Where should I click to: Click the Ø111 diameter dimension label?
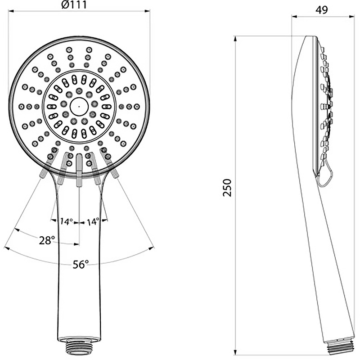click(74, 4)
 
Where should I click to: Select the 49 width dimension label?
click(322, 10)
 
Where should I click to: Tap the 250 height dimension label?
click(227, 188)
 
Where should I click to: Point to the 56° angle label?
click(81, 264)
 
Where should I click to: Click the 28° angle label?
click(47, 240)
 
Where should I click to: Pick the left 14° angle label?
click(67, 221)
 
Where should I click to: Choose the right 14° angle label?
click(93, 221)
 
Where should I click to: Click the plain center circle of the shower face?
click(79, 107)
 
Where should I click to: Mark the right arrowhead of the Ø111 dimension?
click(147, 11)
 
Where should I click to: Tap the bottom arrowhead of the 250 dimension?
click(235, 352)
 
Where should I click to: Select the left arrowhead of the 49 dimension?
click(295, 16)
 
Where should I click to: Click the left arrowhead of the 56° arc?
click(7, 248)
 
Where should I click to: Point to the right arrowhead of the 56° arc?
click(152, 248)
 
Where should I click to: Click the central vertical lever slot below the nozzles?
click(79, 170)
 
